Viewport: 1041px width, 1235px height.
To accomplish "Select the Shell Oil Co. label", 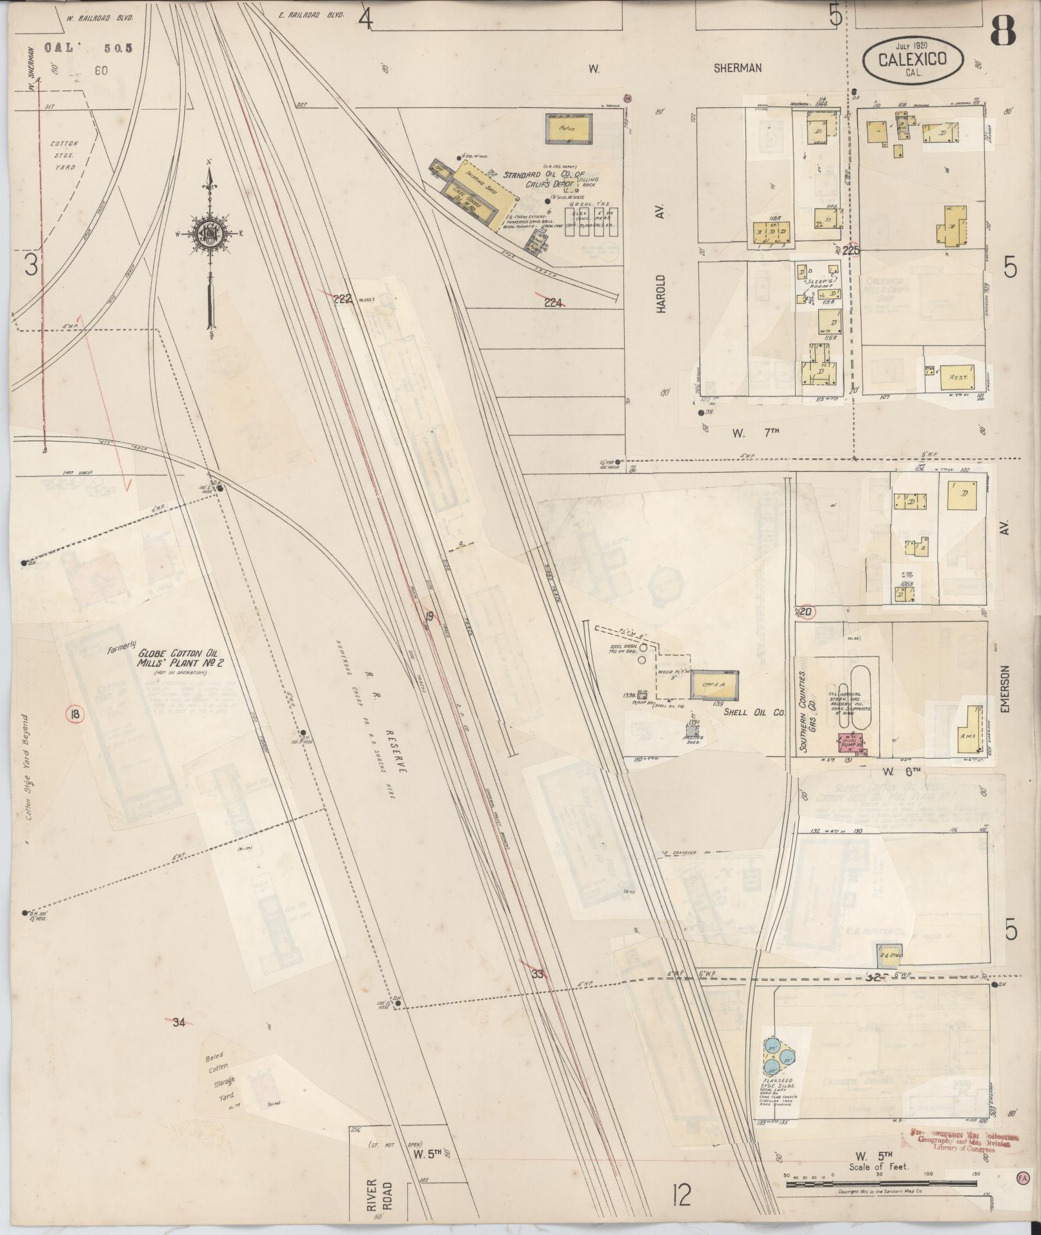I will click(753, 712).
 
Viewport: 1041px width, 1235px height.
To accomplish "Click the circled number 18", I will click(76, 713).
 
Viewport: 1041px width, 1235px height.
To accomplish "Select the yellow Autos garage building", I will click(569, 130).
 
